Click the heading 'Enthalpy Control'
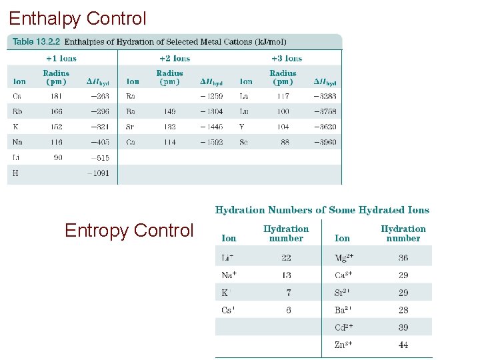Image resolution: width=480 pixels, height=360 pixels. click(77, 18)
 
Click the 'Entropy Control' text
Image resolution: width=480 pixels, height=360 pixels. click(129, 231)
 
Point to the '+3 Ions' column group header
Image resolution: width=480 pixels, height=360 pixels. click(287, 59)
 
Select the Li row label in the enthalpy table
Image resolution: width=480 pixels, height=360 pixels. click(17, 158)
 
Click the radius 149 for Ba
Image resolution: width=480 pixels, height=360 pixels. click(169, 112)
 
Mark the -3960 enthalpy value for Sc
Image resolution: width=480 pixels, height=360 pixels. click(325, 142)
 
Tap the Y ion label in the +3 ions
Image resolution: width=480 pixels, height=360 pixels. click(243, 127)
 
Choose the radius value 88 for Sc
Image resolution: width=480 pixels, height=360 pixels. click(285, 142)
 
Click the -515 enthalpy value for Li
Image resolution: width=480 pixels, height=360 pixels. click(99, 158)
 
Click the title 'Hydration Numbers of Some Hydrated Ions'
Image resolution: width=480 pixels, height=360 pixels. click(322, 210)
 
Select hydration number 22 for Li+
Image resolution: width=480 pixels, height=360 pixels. click(286, 257)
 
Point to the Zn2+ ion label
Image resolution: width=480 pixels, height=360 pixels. click(344, 345)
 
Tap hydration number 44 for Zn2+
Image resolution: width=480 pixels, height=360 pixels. click(403, 345)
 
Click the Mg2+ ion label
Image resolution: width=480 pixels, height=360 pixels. click(345, 257)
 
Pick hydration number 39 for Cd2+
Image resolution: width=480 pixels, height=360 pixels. click(403, 327)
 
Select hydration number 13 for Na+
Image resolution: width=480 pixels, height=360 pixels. click(286, 275)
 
